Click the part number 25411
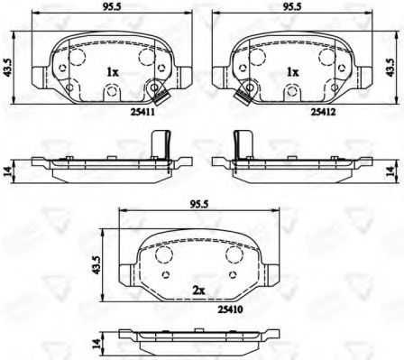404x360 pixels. (x=142, y=112)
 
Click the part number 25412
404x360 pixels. (x=323, y=112)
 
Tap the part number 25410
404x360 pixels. (x=231, y=309)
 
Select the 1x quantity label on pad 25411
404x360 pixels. (x=113, y=72)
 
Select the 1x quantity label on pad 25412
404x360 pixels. (x=293, y=72)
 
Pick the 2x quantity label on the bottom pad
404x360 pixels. (x=198, y=291)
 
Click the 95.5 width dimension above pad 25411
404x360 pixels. (x=112, y=7)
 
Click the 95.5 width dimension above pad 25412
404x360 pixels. (x=292, y=7)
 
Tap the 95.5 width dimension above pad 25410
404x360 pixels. (x=199, y=205)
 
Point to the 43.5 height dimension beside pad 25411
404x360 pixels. (x=7, y=67)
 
